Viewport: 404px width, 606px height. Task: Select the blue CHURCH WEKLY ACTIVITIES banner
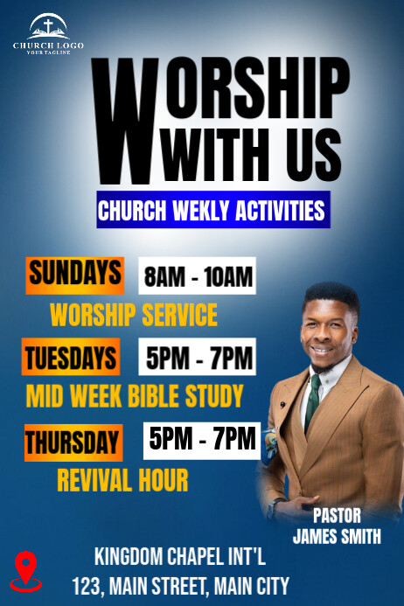point(212,211)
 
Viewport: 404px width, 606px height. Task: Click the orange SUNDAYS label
point(75,274)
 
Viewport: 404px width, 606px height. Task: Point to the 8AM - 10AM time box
point(199,277)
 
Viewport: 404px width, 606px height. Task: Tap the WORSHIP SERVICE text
point(134,314)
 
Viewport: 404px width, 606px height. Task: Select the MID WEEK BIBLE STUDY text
point(135,396)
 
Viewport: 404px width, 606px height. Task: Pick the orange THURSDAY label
point(73,442)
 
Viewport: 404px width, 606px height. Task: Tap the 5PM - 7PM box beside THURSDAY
point(202,438)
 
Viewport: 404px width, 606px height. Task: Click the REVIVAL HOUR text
point(122,479)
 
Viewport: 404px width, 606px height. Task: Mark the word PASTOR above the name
point(337,516)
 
